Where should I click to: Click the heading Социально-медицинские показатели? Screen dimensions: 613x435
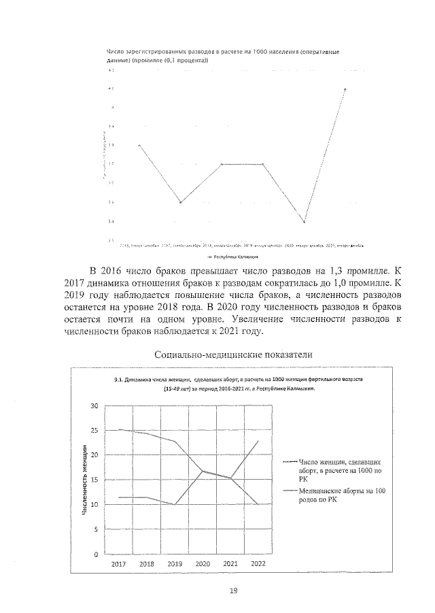pos(233,354)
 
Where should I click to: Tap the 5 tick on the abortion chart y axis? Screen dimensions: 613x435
pos(97,529)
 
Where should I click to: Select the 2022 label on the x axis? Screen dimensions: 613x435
pos(258,564)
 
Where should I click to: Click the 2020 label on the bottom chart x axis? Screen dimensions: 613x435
pos(203,564)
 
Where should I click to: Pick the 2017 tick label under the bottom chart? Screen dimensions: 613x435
pos(119,564)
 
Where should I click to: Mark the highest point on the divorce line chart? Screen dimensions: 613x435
pos(345,89)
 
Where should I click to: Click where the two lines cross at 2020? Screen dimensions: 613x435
pos(203,471)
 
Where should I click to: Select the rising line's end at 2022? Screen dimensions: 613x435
pos(258,441)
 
